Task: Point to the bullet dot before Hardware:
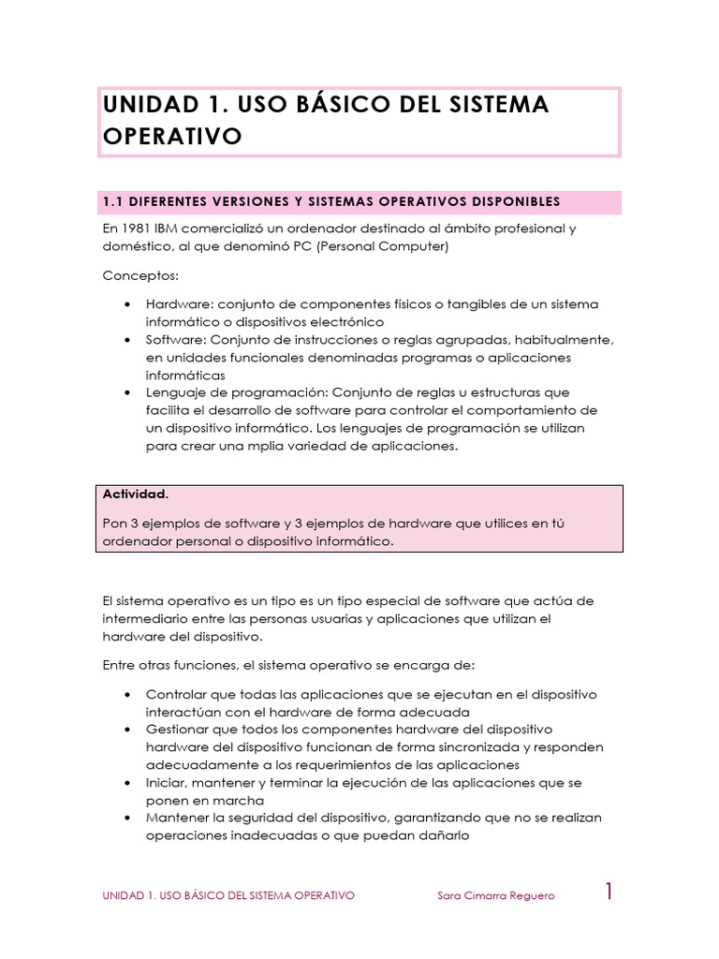pyautogui.click(x=127, y=305)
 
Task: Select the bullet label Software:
pyautogui.click(x=175, y=340)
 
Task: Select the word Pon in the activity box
pyautogui.click(x=115, y=524)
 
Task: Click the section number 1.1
pyautogui.click(x=114, y=201)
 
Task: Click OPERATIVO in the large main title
pyautogui.click(x=172, y=137)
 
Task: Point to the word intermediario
pyautogui.click(x=146, y=618)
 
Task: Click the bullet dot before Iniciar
pyautogui.click(x=127, y=783)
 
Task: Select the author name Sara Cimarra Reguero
pyautogui.click(x=495, y=895)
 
